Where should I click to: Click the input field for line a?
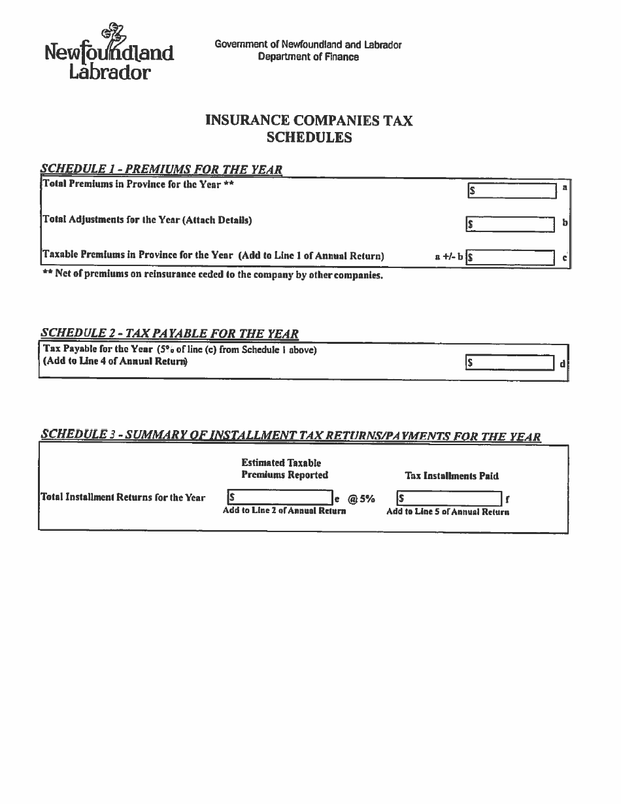coord(512,190)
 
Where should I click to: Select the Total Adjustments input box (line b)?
coord(510,224)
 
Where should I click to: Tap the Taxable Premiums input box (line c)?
coord(510,257)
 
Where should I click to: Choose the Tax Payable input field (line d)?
coord(510,362)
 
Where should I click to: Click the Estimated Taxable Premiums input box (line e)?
coord(280,498)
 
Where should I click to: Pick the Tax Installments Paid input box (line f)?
coord(449,499)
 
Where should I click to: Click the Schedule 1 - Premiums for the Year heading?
coord(161,169)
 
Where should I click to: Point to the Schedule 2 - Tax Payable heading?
coord(169,333)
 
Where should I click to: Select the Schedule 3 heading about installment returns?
coord(290,436)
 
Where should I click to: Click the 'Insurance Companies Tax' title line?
coord(309,120)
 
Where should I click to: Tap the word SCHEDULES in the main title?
coord(309,137)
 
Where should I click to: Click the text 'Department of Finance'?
coord(308,57)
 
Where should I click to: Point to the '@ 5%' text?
coord(361,499)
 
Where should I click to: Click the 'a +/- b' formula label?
coord(448,257)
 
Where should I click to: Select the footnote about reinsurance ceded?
coord(212,275)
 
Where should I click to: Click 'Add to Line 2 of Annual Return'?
coord(284,511)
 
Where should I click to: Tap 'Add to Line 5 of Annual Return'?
coord(448,512)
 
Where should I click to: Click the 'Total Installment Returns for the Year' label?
coord(123,497)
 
